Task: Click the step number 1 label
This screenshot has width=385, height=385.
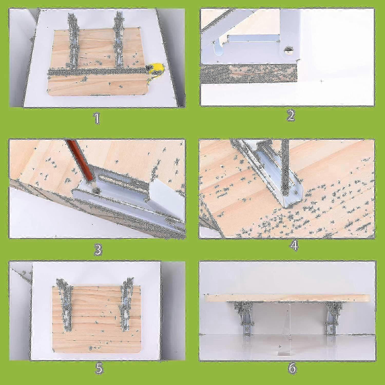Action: click(97, 118)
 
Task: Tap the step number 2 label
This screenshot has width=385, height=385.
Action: click(291, 116)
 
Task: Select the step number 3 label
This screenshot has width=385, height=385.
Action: click(98, 249)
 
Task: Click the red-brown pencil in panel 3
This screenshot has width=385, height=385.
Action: click(79, 160)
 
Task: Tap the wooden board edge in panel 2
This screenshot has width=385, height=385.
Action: click(248, 74)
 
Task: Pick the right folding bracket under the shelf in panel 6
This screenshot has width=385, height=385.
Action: click(333, 318)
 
